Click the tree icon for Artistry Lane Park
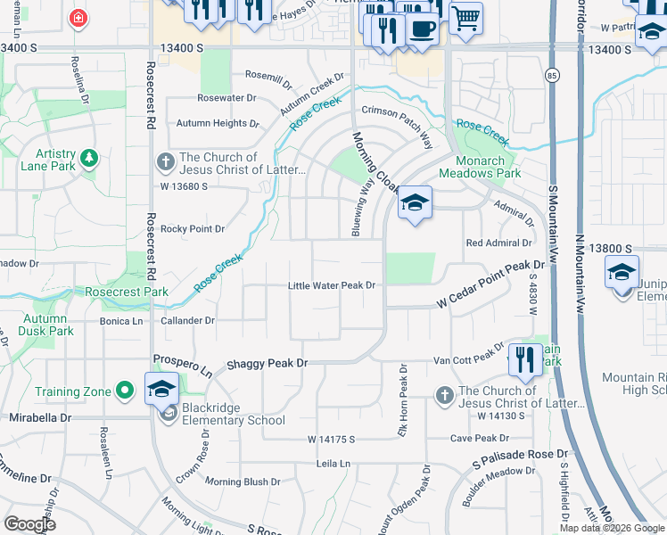(88, 159)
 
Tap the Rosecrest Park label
(127, 292)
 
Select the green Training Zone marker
(127, 391)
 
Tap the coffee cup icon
(422, 28)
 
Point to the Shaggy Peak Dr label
(266, 363)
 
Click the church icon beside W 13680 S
(165, 162)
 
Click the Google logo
(29, 524)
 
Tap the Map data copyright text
(611, 528)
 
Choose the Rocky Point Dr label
(192, 229)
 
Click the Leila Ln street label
(333, 465)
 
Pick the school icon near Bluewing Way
(415, 204)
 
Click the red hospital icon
(79, 17)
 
